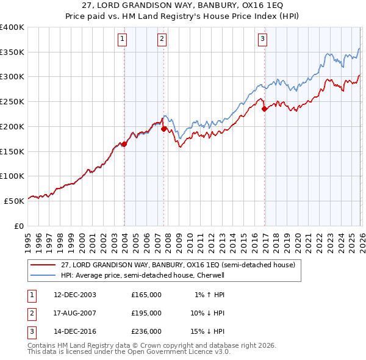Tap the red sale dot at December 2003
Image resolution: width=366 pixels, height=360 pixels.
pos(124,144)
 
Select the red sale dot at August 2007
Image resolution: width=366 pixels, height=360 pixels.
pos(164,129)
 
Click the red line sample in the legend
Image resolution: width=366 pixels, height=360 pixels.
pos(44,265)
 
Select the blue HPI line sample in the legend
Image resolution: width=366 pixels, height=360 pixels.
pos(44,275)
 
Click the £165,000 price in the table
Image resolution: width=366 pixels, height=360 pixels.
pos(146,295)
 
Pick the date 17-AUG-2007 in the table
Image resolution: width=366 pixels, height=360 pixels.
pos(75,313)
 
